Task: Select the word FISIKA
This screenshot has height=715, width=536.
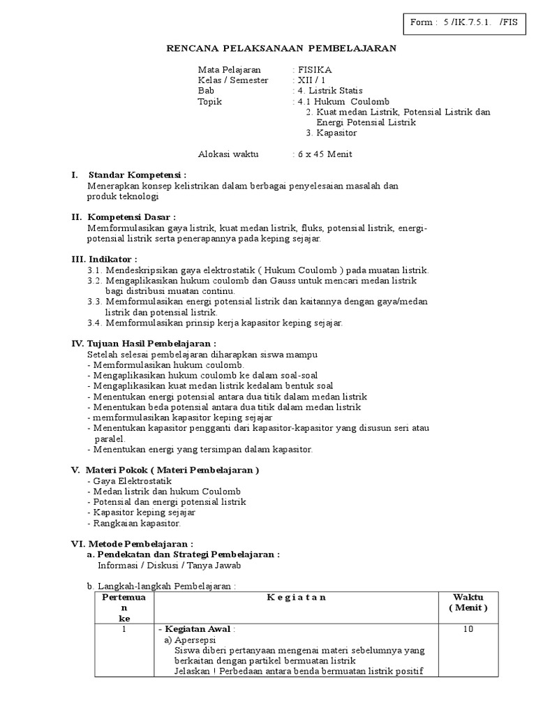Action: [315, 70]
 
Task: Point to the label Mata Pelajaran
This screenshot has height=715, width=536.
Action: [230, 70]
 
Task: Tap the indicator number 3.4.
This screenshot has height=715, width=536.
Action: [96, 323]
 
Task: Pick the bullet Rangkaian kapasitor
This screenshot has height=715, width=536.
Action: [136, 523]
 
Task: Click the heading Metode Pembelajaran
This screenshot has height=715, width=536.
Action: [139, 543]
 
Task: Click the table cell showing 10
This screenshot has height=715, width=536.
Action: [468, 629]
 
